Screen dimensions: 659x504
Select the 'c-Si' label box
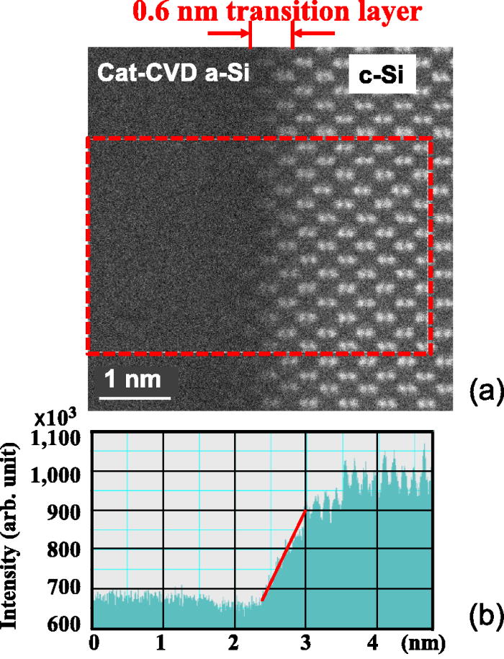(x=385, y=76)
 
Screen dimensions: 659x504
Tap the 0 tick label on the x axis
(x=93, y=642)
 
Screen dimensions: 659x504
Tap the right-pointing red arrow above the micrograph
(x=228, y=33)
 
